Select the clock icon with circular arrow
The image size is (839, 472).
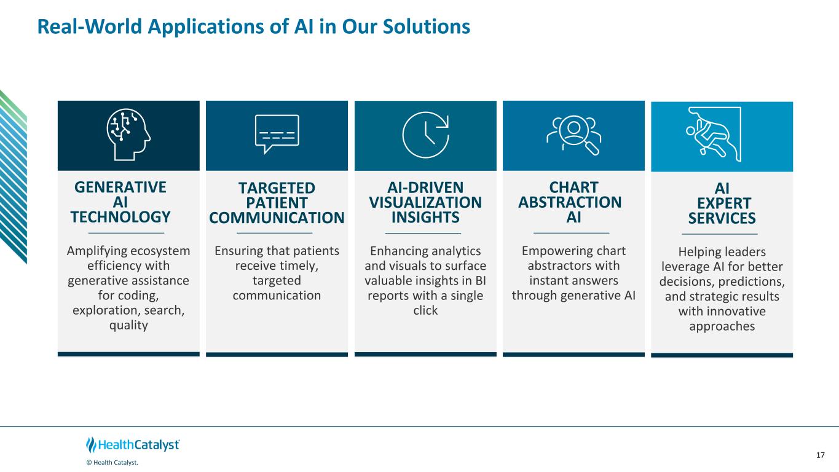point(425,135)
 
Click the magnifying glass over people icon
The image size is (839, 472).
point(573,135)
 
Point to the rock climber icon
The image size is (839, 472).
point(714,134)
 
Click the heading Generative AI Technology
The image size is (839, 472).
point(120,202)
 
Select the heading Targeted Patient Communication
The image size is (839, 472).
point(277,203)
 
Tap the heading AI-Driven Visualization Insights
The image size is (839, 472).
point(425,202)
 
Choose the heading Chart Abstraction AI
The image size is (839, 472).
point(570,202)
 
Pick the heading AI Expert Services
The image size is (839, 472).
point(722,203)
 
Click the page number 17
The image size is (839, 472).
point(821,455)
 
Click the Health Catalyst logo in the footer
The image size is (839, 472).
point(133,445)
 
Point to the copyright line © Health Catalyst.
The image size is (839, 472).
point(112,463)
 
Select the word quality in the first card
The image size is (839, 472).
point(128,325)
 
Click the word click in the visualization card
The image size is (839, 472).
point(425,310)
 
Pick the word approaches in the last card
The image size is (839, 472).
point(722,326)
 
